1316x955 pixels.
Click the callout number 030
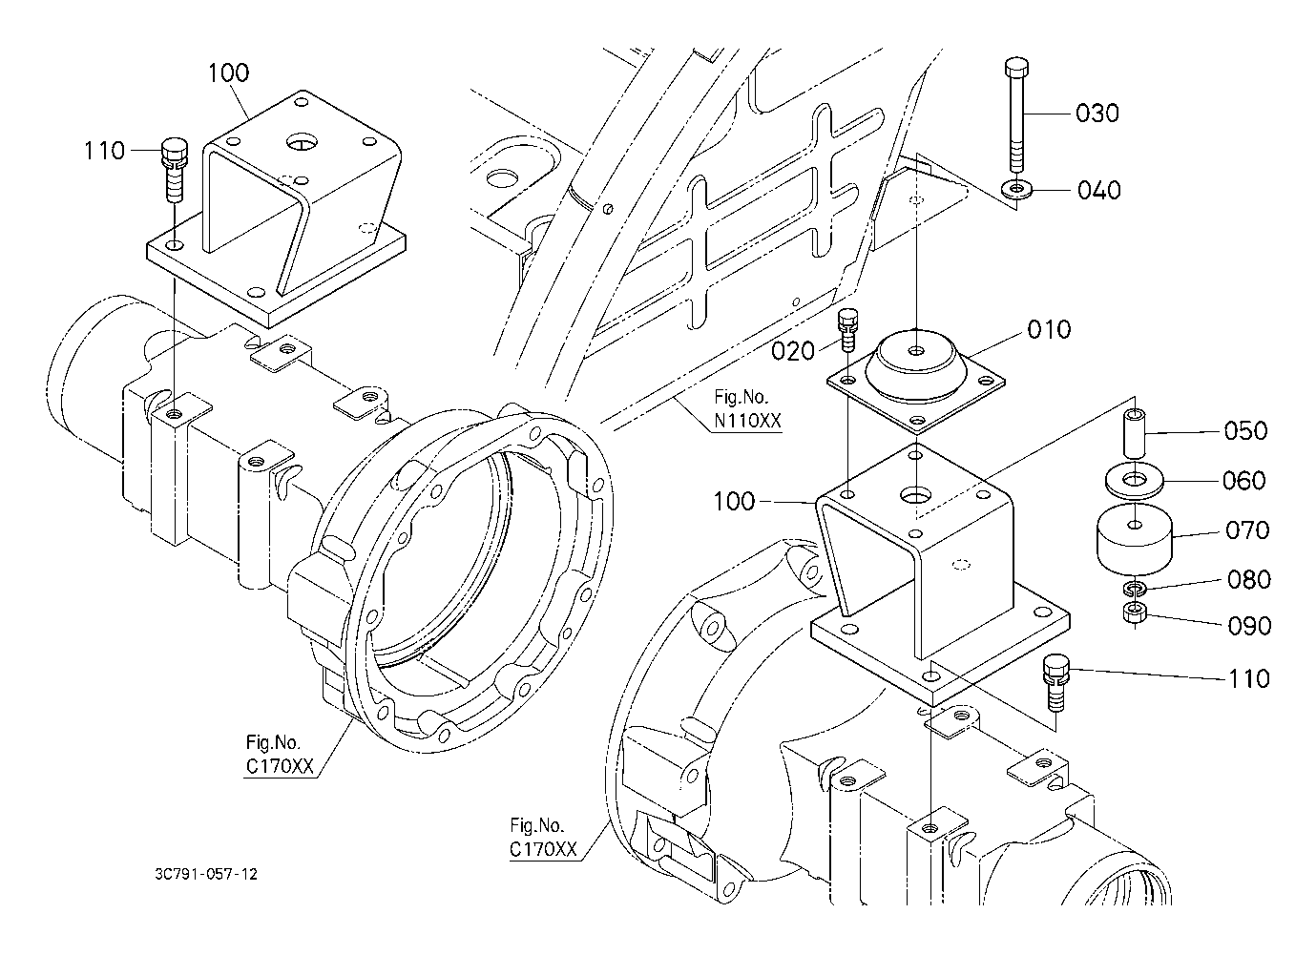pos(1097,113)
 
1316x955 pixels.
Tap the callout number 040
pos(1098,190)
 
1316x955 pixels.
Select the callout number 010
pos(1049,329)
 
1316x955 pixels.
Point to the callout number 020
pos(793,351)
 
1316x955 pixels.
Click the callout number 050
pos(1245,431)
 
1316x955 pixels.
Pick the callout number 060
pos(1243,481)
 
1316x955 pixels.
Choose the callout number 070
pos(1247,530)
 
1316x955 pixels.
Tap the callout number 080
pos(1249,580)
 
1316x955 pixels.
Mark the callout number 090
pos(1249,626)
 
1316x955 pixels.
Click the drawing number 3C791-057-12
pos(206,875)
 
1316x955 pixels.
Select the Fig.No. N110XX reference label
pos(747,409)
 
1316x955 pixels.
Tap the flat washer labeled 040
pos(1016,190)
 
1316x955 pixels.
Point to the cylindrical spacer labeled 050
pos(1135,435)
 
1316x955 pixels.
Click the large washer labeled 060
pos(1134,482)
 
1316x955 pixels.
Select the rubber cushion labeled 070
pos(1134,540)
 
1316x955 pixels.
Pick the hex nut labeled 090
pos(1134,614)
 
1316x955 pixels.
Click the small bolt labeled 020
pos(847,330)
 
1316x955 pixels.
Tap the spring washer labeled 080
pos(1134,588)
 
